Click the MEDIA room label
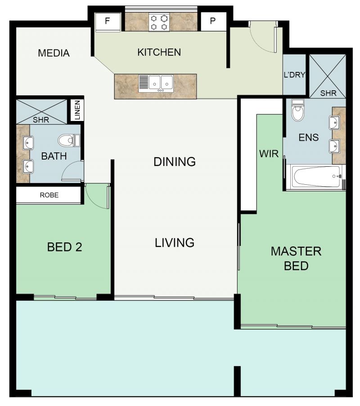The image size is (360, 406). coord(54,53)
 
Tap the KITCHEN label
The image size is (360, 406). coord(159,52)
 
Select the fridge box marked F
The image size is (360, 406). coord(108,22)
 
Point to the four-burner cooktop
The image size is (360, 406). coord(159,22)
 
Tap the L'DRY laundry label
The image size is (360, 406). coord(294,75)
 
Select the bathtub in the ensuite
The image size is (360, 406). coord(317,177)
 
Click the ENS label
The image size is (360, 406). coord(308,137)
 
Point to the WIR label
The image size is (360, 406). coord(269,154)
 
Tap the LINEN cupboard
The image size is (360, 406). coord(77,110)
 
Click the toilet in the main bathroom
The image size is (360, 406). coord(69,141)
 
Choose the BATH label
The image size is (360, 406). coord(54,156)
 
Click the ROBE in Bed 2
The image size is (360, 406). coord(49,195)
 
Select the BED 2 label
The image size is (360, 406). coord(64,247)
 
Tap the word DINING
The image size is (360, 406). coord(175,161)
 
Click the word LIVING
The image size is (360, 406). coord(175,243)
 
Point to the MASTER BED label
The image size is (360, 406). coord(296,259)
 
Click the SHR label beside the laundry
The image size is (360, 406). coord(328,93)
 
